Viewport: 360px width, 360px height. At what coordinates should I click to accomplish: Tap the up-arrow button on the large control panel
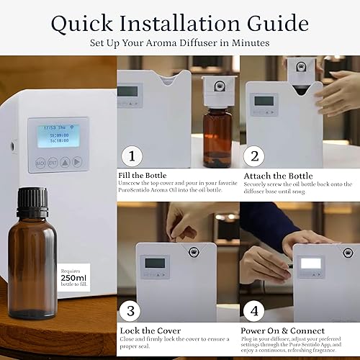(x=65, y=163)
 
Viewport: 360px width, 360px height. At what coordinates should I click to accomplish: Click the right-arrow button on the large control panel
(x=77, y=163)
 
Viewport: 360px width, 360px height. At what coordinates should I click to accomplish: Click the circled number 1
(x=130, y=156)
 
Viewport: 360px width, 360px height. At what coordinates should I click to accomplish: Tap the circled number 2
(x=253, y=156)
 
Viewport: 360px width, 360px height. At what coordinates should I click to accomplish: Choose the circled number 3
(x=130, y=312)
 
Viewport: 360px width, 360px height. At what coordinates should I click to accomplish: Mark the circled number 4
(x=253, y=312)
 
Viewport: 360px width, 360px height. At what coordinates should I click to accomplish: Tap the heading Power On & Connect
(x=282, y=329)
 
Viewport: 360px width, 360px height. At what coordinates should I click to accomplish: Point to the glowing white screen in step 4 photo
(x=310, y=264)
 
